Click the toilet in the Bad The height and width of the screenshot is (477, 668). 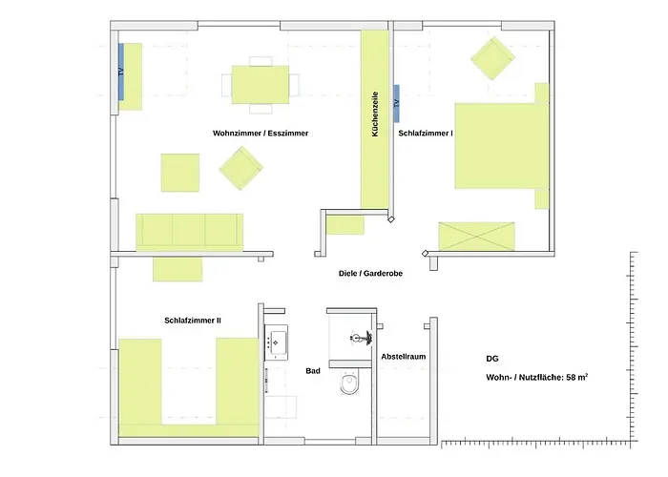pyautogui.click(x=349, y=382)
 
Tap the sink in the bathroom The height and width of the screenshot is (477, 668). pyautogui.click(x=276, y=342)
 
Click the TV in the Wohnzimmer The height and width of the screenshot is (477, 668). pyautogui.click(x=121, y=72)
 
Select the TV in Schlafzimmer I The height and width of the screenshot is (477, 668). pyautogui.click(x=397, y=103)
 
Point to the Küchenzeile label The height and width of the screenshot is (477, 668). pyautogui.click(x=375, y=114)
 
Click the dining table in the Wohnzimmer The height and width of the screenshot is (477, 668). pyautogui.click(x=261, y=84)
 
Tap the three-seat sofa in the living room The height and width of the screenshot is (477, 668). pyautogui.click(x=190, y=232)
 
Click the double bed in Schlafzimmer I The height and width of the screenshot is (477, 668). pyautogui.click(x=501, y=146)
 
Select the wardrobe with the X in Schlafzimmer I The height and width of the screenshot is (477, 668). pyautogui.click(x=477, y=237)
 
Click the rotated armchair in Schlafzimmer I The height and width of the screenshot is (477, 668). pyautogui.click(x=493, y=58)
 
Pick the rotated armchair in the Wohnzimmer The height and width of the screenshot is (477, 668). pyautogui.click(x=241, y=168)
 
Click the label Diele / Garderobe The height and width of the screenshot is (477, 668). pyautogui.click(x=370, y=274)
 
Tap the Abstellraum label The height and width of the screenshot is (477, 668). pyautogui.click(x=404, y=357)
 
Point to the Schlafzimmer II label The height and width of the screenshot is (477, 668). pyautogui.click(x=193, y=321)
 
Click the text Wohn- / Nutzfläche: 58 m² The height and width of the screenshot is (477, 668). pyautogui.click(x=537, y=377)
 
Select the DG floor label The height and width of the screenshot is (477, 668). pyautogui.click(x=492, y=359)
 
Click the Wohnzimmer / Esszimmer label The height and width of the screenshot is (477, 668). pyautogui.click(x=261, y=134)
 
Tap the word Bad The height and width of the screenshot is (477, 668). pyautogui.click(x=313, y=371)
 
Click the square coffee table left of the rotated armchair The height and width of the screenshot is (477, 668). pyautogui.click(x=180, y=173)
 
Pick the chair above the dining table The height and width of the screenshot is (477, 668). pyautogui.click(x=261, y=61)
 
